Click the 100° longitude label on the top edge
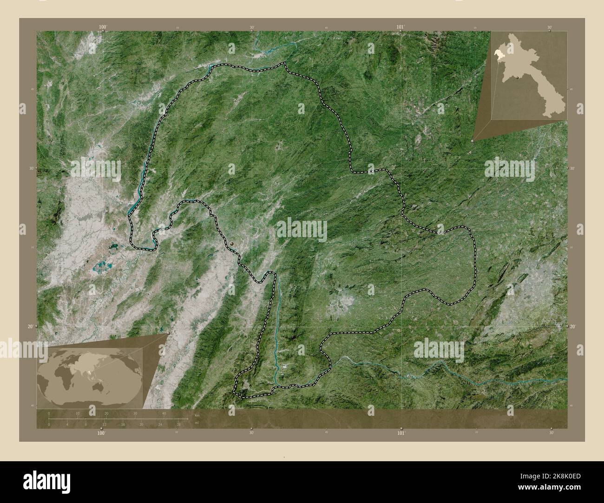pos(103,28)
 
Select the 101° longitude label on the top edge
pos(401,28)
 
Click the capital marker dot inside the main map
pos(232,242)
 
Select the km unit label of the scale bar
pos(197,415)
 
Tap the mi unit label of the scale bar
pos(197,423)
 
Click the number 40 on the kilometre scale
pos(164,413)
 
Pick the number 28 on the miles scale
pos(178,424)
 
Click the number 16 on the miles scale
pos(123,424)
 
